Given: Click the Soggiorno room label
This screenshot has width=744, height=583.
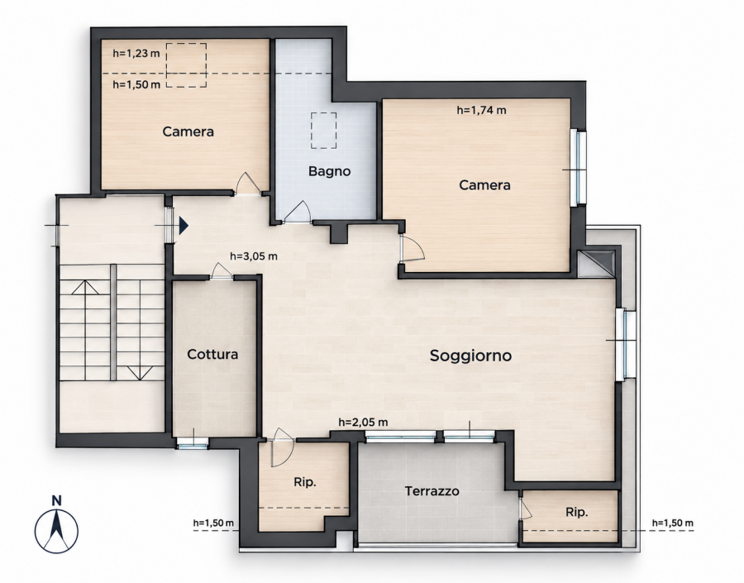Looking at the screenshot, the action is click(470, 356).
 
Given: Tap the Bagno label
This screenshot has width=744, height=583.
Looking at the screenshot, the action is click(329, 171).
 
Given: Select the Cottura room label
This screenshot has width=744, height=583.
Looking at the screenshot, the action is click(212, 354).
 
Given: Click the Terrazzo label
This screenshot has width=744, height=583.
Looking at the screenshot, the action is click(432, 491).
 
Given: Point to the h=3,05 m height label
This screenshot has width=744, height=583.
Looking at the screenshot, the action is click(254, 256).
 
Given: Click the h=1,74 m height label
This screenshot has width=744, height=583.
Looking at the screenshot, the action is click(482, 110).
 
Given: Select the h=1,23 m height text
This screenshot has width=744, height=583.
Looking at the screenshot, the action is click(136, 53).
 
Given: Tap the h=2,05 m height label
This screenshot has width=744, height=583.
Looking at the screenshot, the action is click(364, 422).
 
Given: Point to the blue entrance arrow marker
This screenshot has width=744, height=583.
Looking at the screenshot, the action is click(184, 226).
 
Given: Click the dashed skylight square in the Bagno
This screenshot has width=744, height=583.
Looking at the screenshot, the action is click(324, 131).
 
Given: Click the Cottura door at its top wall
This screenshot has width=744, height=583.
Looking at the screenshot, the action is click(221, 270).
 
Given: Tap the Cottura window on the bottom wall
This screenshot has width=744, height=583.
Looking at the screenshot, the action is click(193, 443).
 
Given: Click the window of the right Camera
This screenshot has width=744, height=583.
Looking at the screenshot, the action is click(580, 167).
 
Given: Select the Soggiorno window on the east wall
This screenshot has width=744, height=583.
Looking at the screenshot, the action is click(626, 344).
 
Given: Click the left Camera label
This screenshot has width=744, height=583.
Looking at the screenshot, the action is click(188, 131).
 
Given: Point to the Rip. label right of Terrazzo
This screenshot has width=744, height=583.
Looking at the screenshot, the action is click(576, 513).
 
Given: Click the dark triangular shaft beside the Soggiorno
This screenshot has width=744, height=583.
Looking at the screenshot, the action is click(599, 262).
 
